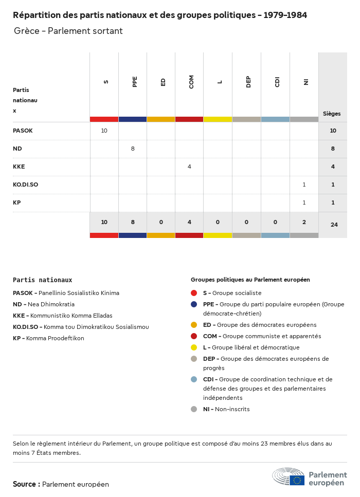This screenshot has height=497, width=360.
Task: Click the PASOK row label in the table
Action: pyautogui.click(x=23, y=131)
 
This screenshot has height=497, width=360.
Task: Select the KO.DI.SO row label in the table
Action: pyautogui.click(x=25, y=185)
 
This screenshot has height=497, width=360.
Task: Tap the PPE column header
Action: pyautogui.click(x=135, y=82)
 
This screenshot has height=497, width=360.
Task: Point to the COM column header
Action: pyautogui.click(x=191, y=82)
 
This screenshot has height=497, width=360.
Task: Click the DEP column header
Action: pyautogui.click(x=248, y=82)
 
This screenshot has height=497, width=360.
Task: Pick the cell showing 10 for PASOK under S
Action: pyautogui.click(x=104, y=131)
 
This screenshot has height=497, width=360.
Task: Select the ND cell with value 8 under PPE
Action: pyautogui.click(x=133, y=149)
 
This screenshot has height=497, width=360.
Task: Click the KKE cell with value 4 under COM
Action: pyautogui.click(x=189, y=167)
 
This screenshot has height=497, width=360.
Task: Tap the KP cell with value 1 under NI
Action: pyautogui.click(x=304, y=203)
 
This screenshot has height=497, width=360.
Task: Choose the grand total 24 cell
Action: pyautogui.click(x=334, y=225)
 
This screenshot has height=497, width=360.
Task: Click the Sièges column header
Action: pyautogui.click(x=332, y=114)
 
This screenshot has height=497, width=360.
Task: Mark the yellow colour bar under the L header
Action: pyautogui.click(x=218, y=119)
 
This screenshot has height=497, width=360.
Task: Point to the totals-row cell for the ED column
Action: pyautogui.click(x=161, y=222)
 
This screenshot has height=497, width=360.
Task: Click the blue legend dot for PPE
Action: pyautogui.click(x=194, y=304)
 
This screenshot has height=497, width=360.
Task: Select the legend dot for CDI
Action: pyautogui.click(x=194, y=379)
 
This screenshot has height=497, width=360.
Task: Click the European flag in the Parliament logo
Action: pyautogui.click(x=297, y=480)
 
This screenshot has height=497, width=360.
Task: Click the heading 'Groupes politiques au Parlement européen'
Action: pyautogui.click(x=250, y=280)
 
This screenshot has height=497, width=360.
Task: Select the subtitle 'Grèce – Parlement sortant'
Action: pyautogui.click(x=68, y=31)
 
